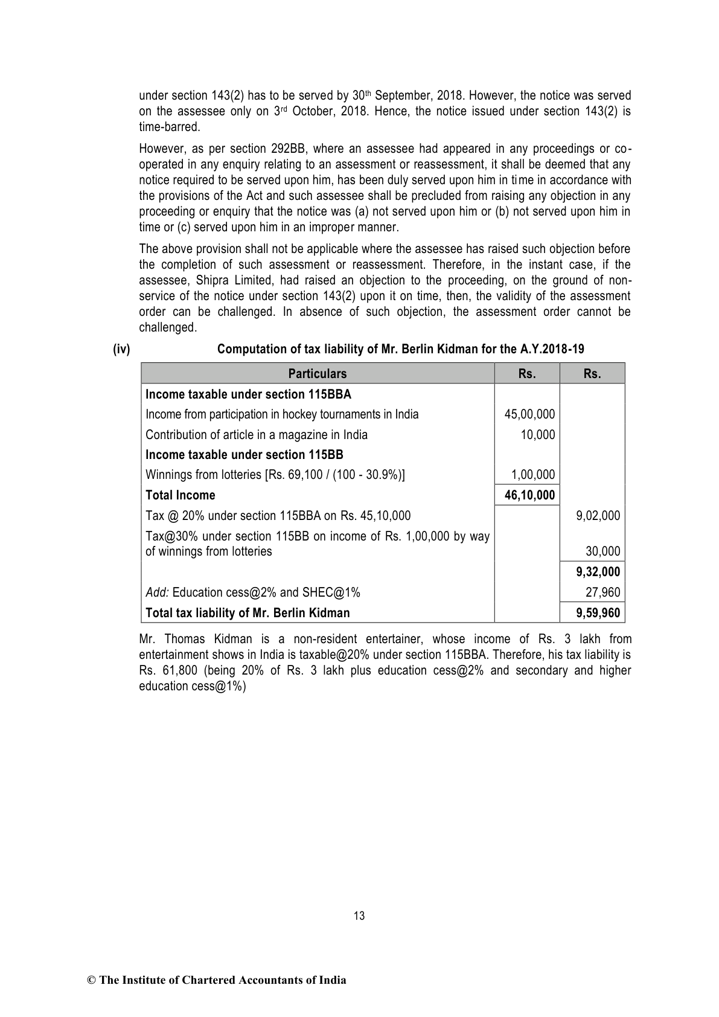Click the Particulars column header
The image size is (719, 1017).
[318, 374]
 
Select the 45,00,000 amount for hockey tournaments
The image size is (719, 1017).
[529, 414]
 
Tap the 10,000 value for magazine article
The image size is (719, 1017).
[538, 435]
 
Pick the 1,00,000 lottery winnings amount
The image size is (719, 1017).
[533, 475]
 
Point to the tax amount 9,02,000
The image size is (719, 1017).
[598, 516]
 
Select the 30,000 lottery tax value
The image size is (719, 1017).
[602, 551]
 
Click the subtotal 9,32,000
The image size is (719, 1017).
[598, 572]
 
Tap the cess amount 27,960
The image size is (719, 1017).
[602, 592]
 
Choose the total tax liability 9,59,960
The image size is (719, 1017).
[598, 613]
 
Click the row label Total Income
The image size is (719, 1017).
[181, 495]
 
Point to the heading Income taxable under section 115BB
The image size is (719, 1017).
[244, 455]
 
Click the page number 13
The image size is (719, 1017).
[359, 916]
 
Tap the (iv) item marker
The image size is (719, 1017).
[121, 349]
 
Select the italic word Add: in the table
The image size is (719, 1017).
[158, 592]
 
